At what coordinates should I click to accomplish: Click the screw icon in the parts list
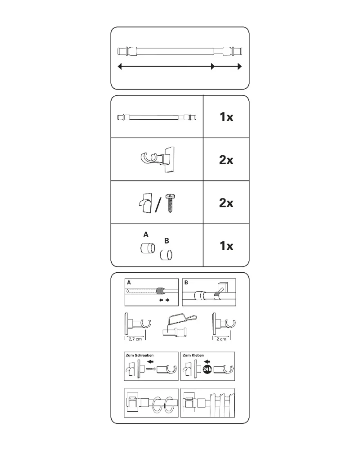pyautogui.click(x=171, y=203)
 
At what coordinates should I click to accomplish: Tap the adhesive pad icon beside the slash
pyautogui.click(x=145, y=202)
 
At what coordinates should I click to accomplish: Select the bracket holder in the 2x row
pyautogui.click(x=157, y=159)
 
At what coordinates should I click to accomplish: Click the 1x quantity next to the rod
pyautogui.click(x=226, y=117)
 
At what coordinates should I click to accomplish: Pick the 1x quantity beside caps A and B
pyautogui.click(x=226, y=246)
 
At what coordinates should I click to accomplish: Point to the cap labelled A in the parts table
pyautogui.click(x=148, y=248)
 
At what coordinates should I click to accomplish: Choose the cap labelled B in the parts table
pyautogui.click(x=166, y=255)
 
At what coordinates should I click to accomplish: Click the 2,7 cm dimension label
pyautogui.click(x=135, y=339)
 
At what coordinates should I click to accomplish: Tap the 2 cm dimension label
pyautogui.click(x=221, y=339)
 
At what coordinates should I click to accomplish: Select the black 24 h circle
pyautogui.click(x=207, y=369)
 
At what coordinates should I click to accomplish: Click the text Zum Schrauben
pyautogui.click(x=139, y=355)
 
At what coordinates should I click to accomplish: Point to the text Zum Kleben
pyautogui.click(x=193, y=355)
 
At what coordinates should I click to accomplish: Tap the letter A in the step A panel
pyautogui.click(x=129, y=283)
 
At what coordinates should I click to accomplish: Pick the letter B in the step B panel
pyautogui.click(x=186, y=283)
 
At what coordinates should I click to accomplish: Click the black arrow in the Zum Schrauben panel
pyautogui.click(x=150, y=362)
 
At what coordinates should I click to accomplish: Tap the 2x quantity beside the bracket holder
pyautogui.click(x=226, y=160)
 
